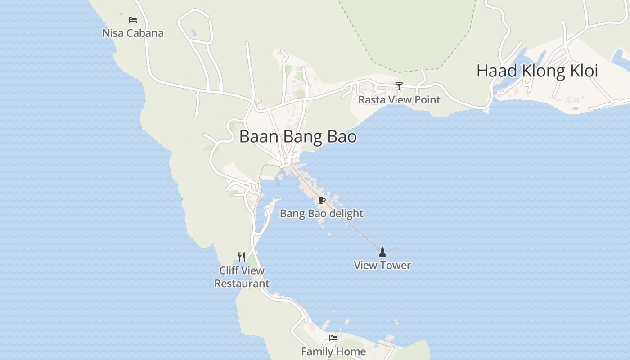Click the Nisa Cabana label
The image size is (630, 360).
133,33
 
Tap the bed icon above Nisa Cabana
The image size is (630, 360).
132,20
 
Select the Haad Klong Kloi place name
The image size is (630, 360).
537,71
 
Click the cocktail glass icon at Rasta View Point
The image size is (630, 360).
399,86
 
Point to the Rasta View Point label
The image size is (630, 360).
399,100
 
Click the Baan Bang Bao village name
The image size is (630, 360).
298,137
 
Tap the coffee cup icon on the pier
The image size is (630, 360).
321,201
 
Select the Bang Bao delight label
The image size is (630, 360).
321,214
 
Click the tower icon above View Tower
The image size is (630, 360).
382,252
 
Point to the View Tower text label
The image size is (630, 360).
382,265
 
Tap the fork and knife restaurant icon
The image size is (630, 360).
242,257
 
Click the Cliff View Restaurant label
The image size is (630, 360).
242,277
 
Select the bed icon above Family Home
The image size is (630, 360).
333,338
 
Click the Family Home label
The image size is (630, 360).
333,351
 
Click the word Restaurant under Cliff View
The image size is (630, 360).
242,284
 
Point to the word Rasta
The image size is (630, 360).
372,100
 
